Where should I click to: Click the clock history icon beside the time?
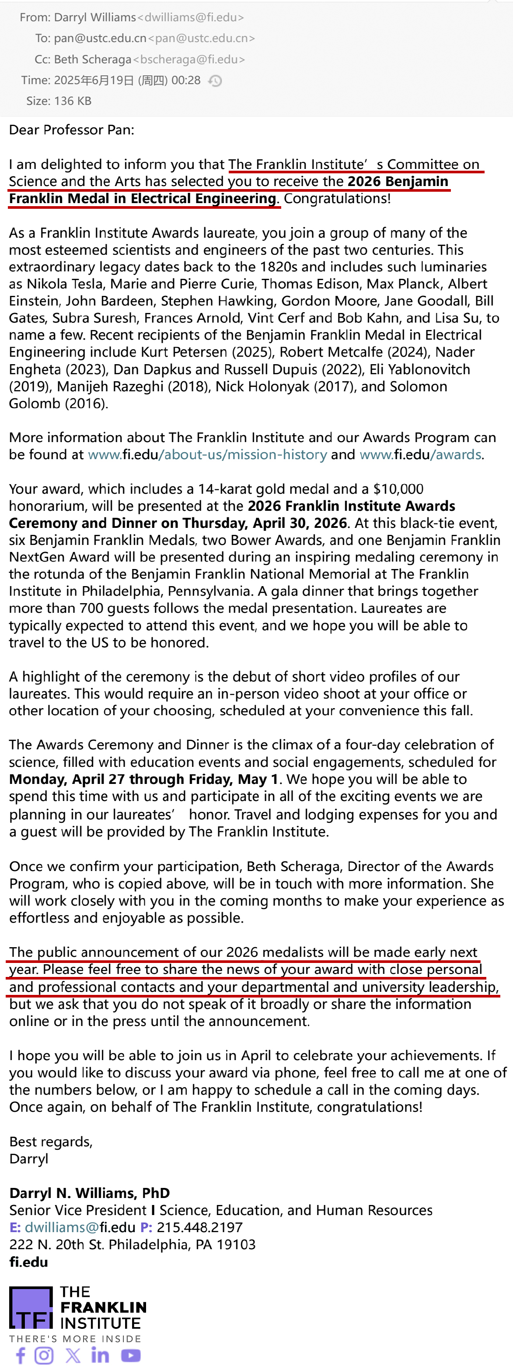pos(215,81)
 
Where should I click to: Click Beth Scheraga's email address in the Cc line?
pos(189,60)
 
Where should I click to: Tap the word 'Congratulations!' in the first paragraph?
pos(337,199)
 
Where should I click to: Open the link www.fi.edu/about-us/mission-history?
pos(207,455)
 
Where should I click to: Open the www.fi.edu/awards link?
pos(420,455)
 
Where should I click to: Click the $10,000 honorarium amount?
pos(398,489)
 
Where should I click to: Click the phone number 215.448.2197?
pos(199,1227)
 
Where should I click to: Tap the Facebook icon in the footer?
pos(20,1355)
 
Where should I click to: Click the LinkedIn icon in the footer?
pos(100,1355)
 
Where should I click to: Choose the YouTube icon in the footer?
pos(131,1355)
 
